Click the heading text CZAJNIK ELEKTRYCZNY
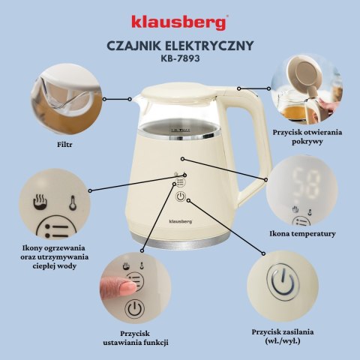click(x=179, y=45)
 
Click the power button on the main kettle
click(x=180, y=197)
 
